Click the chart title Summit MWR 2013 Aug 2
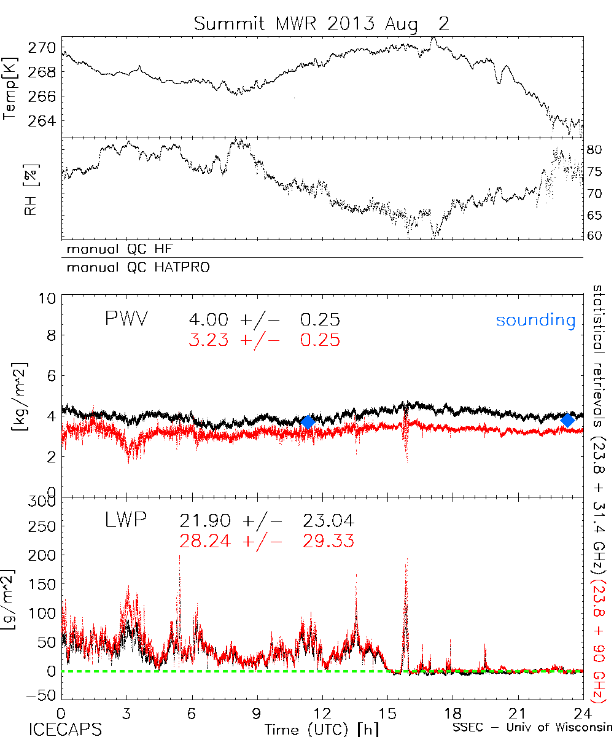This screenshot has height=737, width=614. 322,24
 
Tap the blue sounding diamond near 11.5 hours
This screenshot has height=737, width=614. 308,421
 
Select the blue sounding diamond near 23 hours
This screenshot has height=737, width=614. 568,420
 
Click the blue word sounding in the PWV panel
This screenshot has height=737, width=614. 536,320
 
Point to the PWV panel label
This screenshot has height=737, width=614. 126,319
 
